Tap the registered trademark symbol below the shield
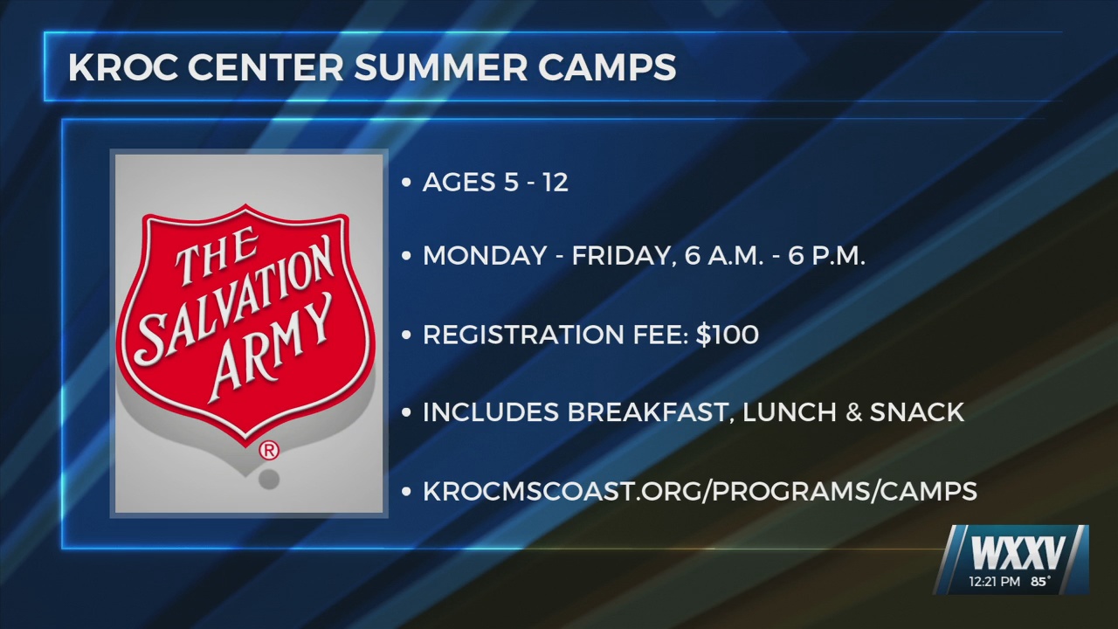[270, 451]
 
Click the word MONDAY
[485, 257]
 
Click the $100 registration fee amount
[728, 335]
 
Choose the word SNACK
[917, 412]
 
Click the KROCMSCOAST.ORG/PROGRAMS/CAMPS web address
[700, 491]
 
